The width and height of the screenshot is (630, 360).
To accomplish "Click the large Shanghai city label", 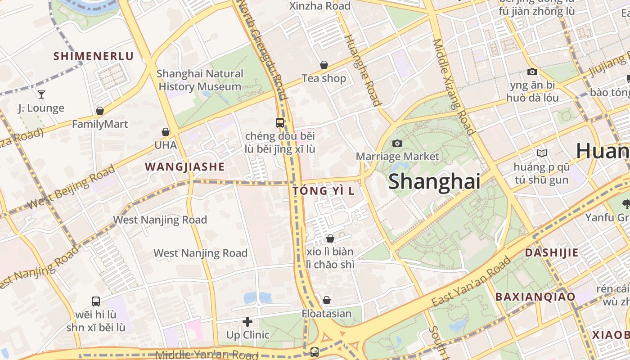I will point(434,181).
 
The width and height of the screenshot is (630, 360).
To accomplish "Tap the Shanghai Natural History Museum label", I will point(200,80).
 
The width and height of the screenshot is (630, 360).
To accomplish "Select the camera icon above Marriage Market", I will point(397,143).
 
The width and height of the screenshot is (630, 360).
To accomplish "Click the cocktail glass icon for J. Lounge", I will point(41,94).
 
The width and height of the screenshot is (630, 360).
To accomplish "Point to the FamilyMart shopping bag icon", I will point(100,111).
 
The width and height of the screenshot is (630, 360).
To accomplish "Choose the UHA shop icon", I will point(166,132).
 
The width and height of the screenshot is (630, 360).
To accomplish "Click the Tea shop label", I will point(324,78).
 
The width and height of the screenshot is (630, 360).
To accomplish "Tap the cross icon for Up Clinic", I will point(247,322).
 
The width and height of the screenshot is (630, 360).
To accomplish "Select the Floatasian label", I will point(327,313).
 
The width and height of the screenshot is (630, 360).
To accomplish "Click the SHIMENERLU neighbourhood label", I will point(94,56).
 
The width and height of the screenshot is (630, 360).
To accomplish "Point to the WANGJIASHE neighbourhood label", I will point(184,167).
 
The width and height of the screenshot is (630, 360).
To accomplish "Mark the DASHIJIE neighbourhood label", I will point(552,252).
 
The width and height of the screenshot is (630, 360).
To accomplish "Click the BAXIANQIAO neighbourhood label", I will point(535,297).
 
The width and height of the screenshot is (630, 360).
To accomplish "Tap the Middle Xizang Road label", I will point(454,86).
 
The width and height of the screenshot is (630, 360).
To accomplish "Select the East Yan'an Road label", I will point(472,282).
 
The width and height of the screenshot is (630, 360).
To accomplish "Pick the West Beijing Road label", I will point(71,187).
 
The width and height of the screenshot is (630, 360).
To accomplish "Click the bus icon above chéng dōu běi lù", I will point(279,122).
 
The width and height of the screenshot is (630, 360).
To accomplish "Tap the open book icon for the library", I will point(542,153).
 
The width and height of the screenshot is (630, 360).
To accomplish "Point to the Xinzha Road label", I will point(319,6).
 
